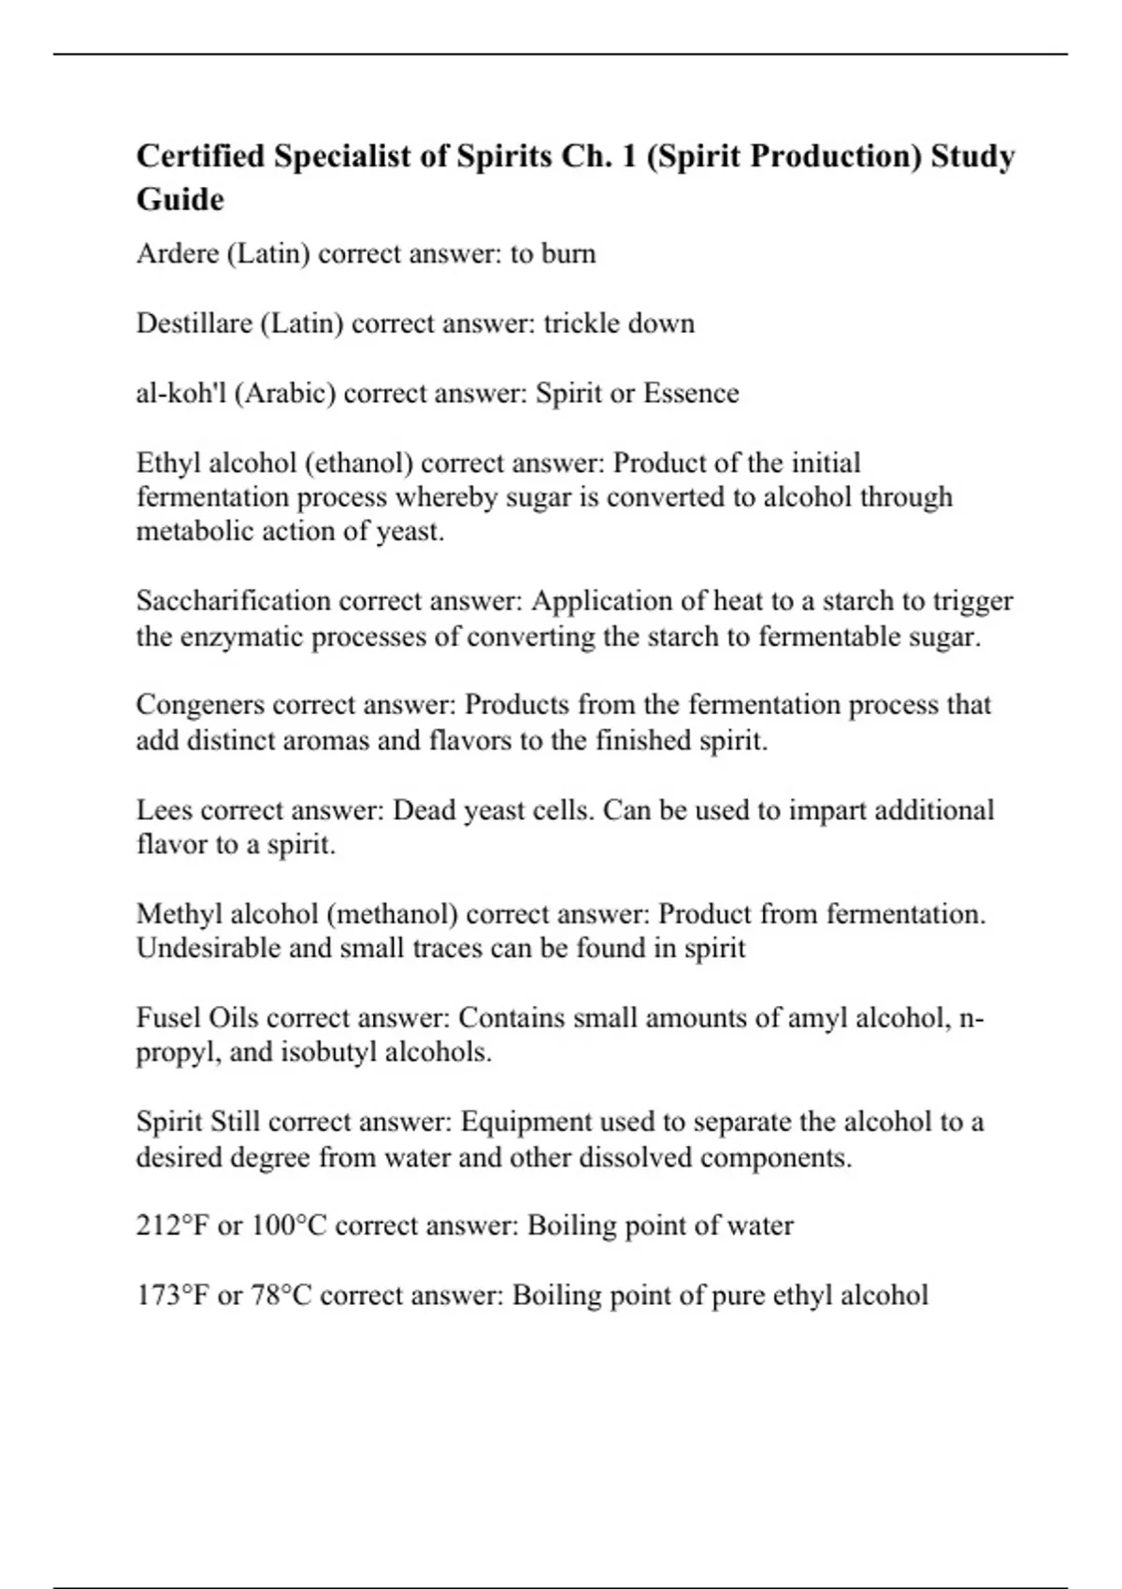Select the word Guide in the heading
(x=180, y=199)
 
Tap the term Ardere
(x=177, y=253)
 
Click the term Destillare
(x=194, y=323)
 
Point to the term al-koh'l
(x=180, y=394)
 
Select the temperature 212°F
(x=173, y=1225)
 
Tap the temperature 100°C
(x=288, y=1225)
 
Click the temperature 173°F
(x=173, y=1296)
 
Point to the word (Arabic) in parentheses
(x=285, y=394)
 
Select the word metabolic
(x=193, y=532)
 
